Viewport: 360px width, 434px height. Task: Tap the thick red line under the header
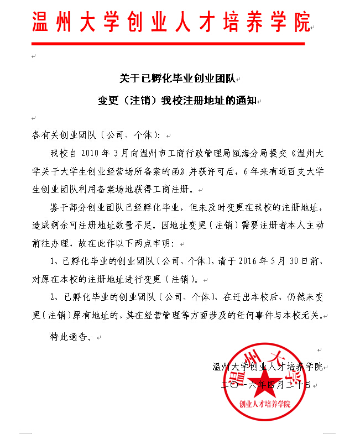coord(168,44)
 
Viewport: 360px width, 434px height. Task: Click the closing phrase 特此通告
coord(69,336)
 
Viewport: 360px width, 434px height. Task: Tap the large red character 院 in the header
coord(297,22)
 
